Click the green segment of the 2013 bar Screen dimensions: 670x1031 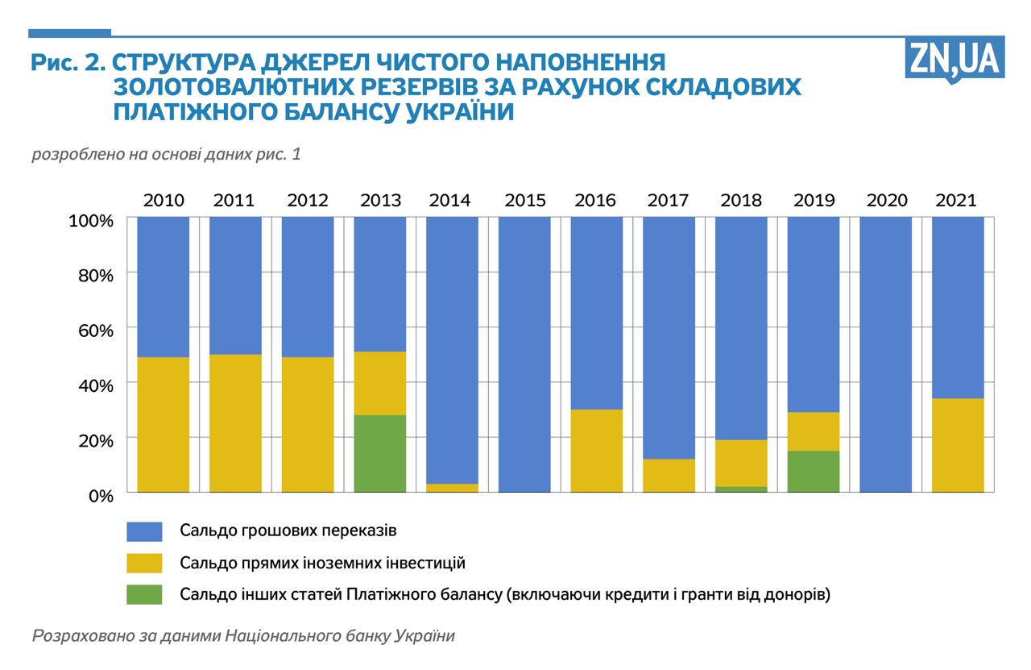click(380, 453)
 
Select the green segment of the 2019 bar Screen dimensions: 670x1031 click(814, 471)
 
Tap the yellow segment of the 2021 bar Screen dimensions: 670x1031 click(958, 445)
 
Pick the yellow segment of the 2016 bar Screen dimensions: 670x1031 click(597, 451)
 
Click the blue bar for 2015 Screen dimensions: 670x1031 click(524, 354)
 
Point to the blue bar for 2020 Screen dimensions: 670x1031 click(886, 354)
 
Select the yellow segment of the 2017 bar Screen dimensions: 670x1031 click(669, 475)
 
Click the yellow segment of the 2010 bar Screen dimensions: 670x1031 click(164, 424)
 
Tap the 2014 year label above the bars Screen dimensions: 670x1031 click(450, 200)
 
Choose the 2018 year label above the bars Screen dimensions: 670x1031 click(741, 200)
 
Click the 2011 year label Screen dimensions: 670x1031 click(234, 200)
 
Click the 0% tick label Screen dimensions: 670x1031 click(100, 494)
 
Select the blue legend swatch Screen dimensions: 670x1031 click(144, 531)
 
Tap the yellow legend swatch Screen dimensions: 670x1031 click(144, 563)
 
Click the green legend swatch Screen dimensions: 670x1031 click(144, 594)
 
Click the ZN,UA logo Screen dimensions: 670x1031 click(954, 58)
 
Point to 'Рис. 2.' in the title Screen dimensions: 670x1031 click(68, 63)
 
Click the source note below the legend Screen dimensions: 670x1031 click(243, 635)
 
